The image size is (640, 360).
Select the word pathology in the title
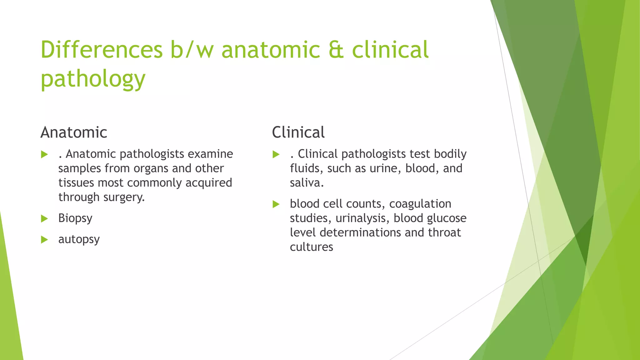pos(93,79)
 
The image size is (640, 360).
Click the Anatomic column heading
pos(74,132)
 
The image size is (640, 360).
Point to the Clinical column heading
pos(298,132)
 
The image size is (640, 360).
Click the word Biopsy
pos(75,218)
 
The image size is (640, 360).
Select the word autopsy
pos(79,239)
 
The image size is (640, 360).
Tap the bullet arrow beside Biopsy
pos(44,218)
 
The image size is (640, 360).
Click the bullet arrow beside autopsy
pos(44,240)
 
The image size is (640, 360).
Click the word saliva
pos(306,183)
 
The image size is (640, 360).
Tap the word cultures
pos(311,247)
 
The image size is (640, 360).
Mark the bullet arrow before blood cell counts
pos(276,204)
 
